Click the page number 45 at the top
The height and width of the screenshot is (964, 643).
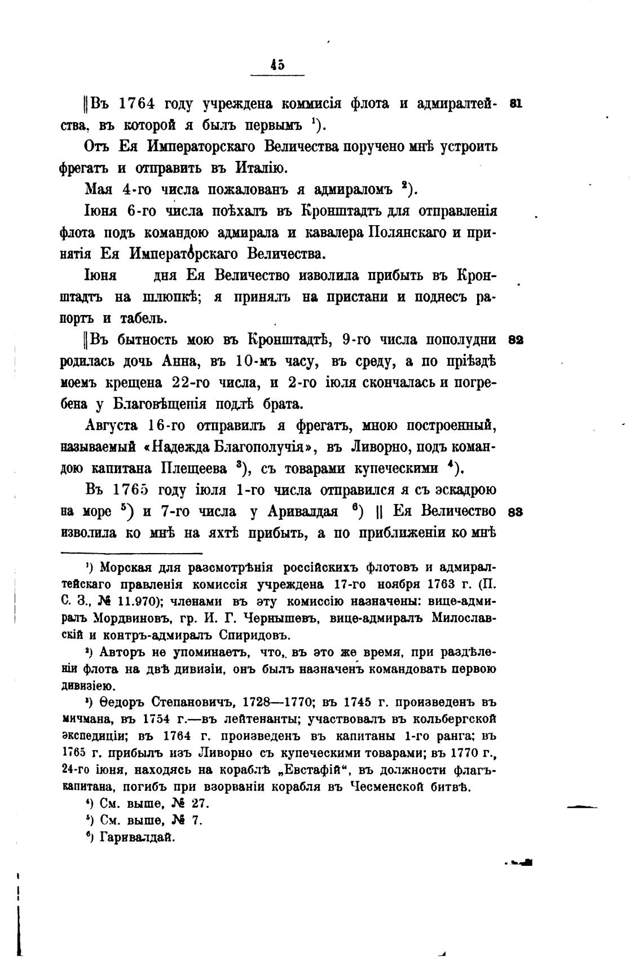[x=277, y=65]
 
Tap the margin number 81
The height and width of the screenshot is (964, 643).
[x=516, y=104]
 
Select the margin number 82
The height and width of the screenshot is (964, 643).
[x=516, y=340]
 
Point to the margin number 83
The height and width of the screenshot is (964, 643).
[x=516, y=512]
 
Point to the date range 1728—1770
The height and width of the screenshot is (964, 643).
[x=278, y=703]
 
